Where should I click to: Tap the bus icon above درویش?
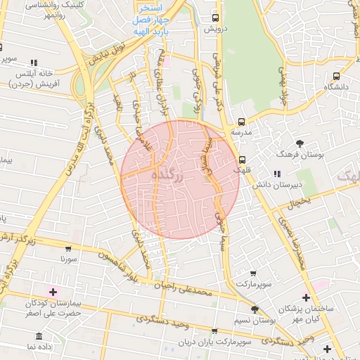215,18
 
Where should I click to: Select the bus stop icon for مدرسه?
241,122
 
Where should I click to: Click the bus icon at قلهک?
243,159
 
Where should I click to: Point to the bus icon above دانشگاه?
336,76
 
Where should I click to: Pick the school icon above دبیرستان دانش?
278,174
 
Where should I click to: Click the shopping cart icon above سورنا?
67,249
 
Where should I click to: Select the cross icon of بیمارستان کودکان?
53,291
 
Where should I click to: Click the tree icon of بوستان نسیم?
254,309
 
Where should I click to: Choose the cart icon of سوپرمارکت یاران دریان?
214,331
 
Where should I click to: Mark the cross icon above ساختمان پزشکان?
305,297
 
